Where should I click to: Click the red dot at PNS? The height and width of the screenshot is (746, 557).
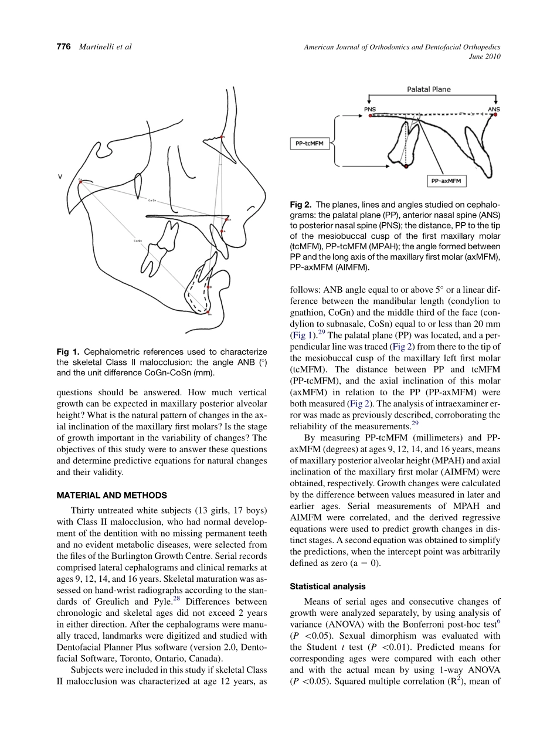click(371, 116)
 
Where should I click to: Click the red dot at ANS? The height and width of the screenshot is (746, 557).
click(495, 115)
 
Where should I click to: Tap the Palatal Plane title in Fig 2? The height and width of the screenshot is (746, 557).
click(429, 90)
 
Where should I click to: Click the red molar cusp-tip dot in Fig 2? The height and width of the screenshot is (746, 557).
click(406, 167)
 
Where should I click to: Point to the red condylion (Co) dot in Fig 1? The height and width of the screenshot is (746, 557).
click(80, 182)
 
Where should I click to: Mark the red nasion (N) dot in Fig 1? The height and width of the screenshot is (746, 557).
click(222, 137)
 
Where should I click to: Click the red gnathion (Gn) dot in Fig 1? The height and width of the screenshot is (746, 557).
click(207, 312)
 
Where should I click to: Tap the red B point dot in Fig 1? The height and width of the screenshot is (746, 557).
click(209, 287)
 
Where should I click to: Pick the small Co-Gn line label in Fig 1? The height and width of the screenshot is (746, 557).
click(138, 240)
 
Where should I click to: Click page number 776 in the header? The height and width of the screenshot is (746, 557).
click(63, 47)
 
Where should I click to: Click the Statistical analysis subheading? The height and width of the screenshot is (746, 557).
click(328, 586)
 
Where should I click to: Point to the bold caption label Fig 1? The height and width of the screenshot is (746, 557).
click(68, 352)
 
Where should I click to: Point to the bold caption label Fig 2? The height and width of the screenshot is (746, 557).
click(301, 205)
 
